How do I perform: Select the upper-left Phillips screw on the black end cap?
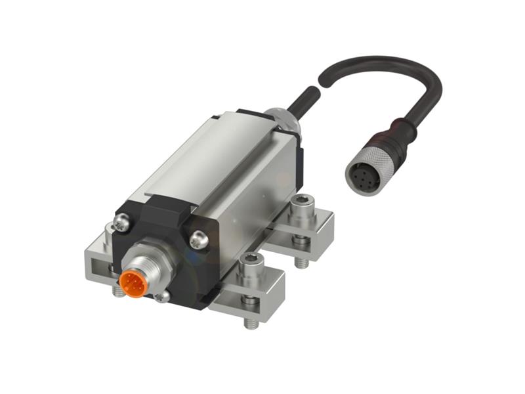122,224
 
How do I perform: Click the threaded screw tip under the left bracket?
118,290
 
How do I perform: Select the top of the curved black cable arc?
387,62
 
